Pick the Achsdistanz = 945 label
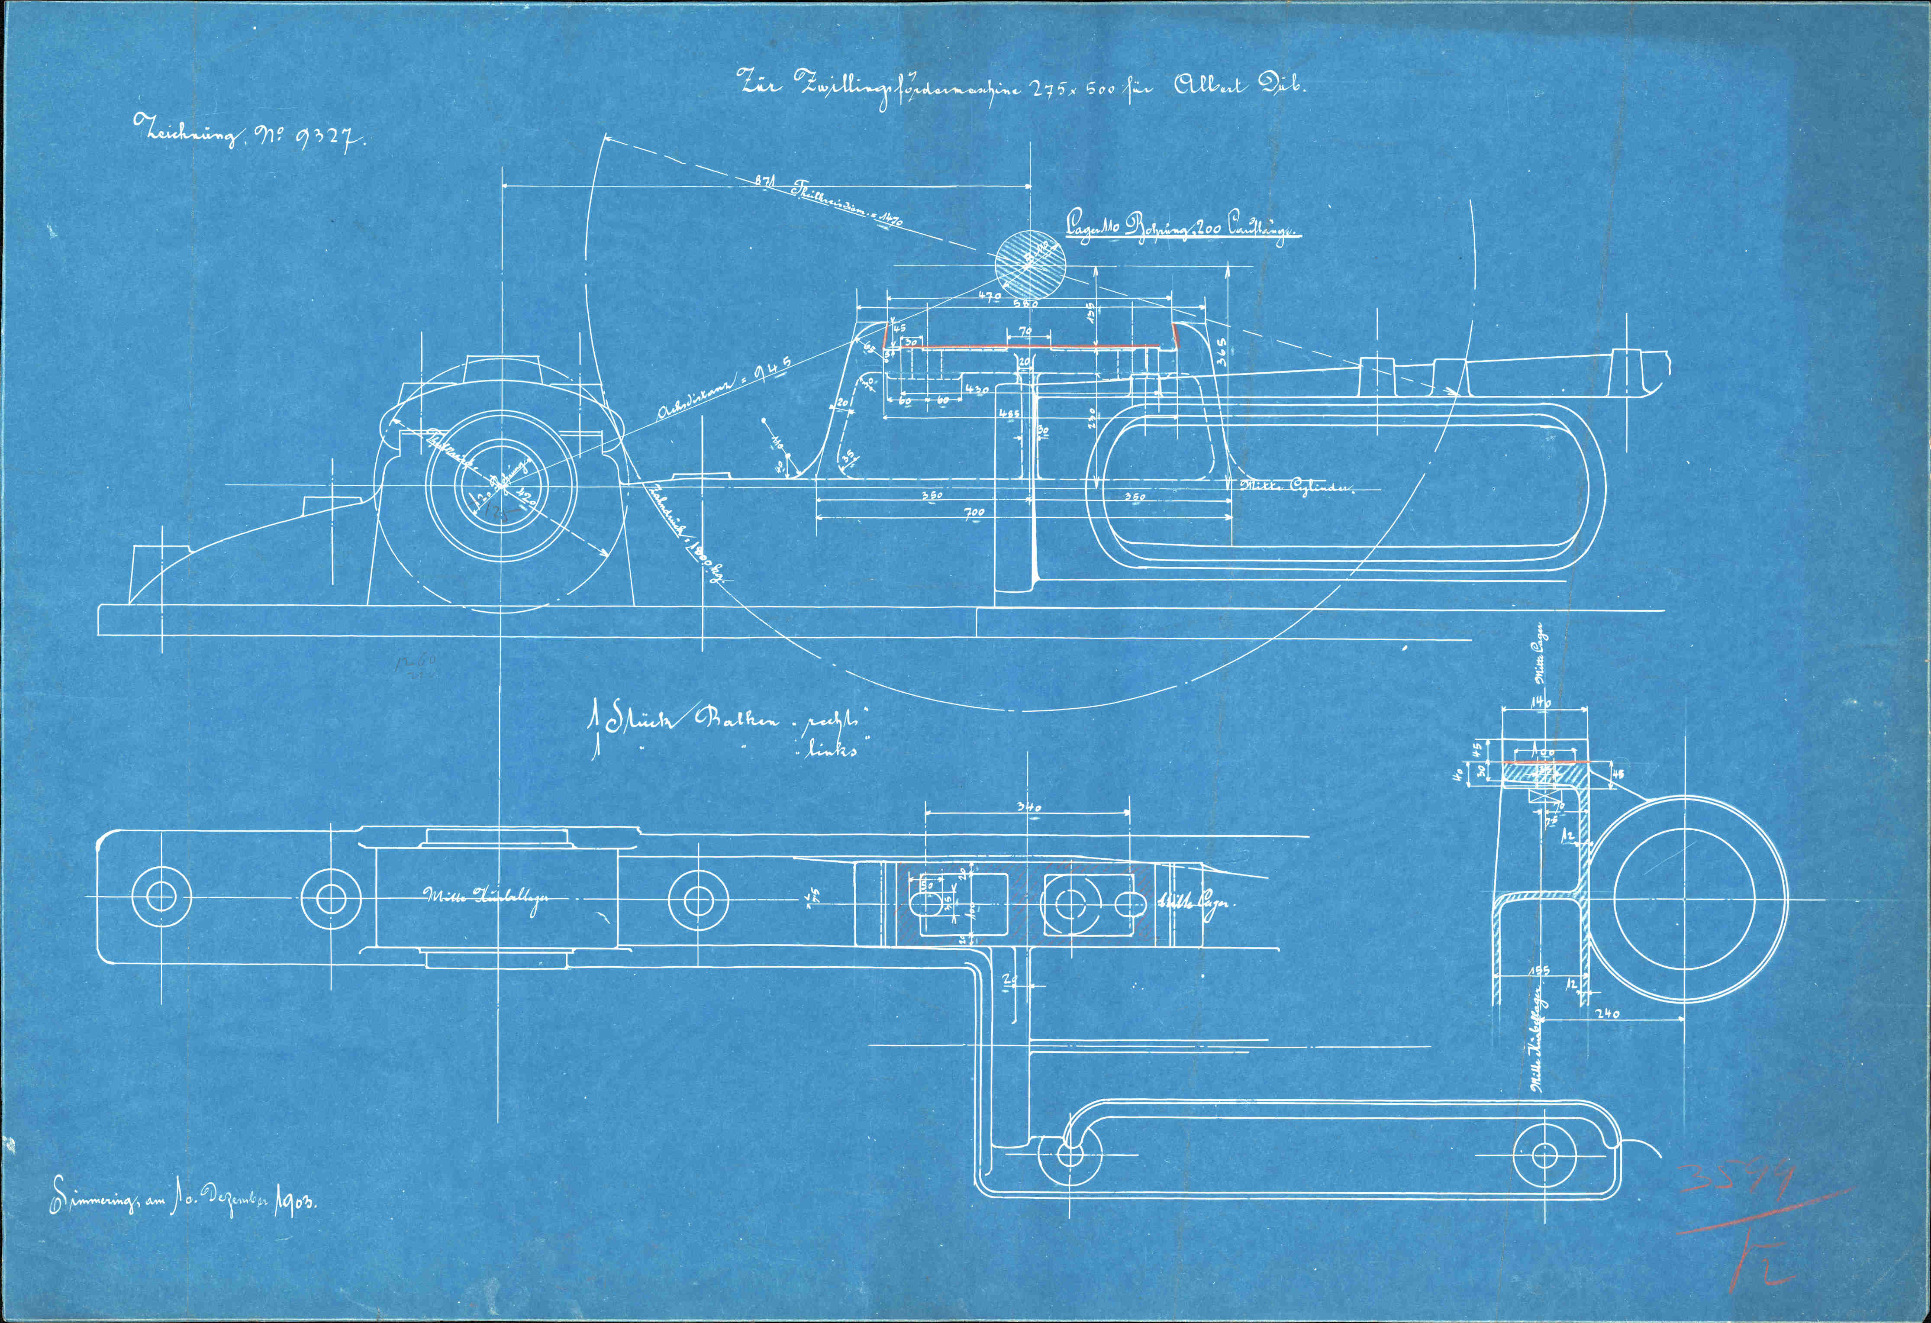tap(721, 390)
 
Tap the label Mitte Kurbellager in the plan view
tap(486, 897)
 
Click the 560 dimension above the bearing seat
tap(1027, 305)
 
